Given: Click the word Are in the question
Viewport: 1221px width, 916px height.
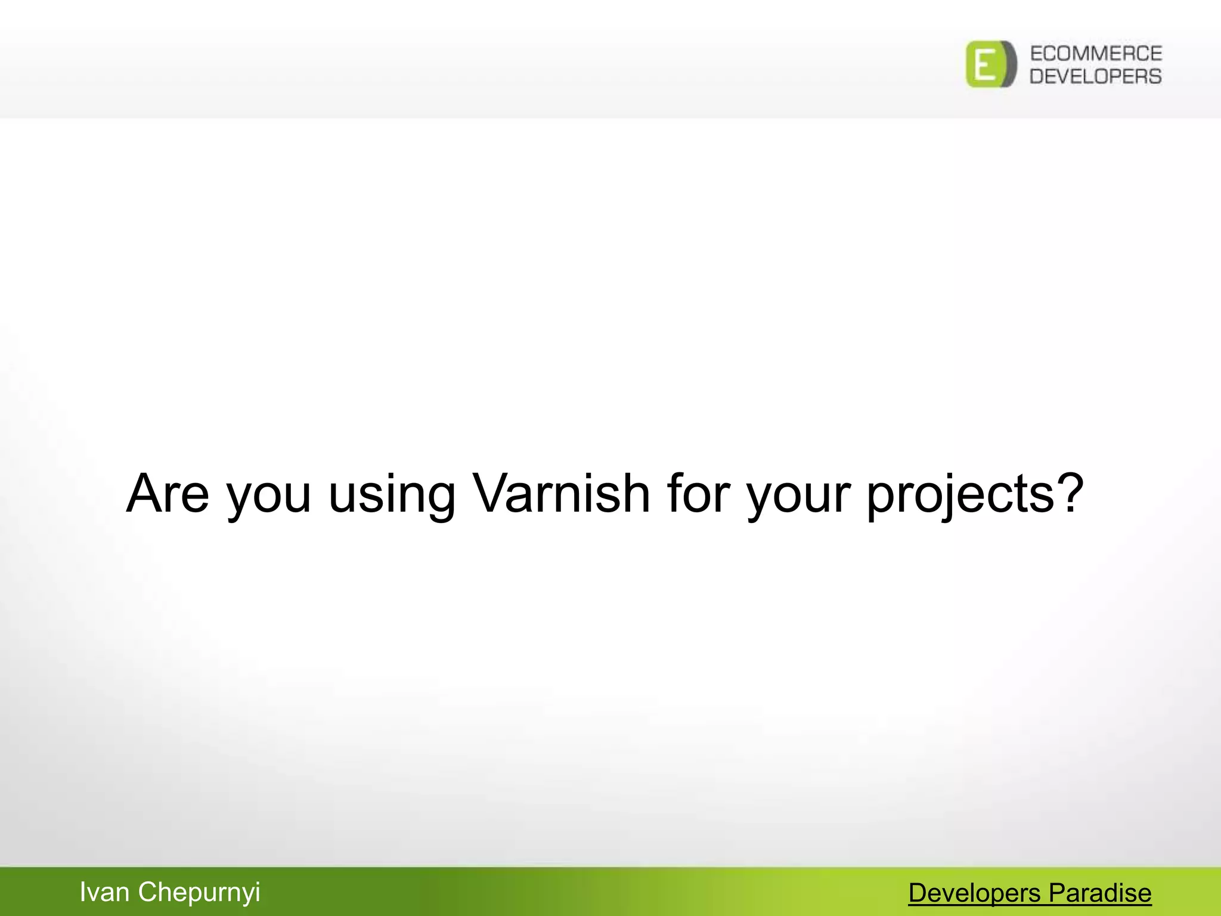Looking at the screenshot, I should [x=168, y=493].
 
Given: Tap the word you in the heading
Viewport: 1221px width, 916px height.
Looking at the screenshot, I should [x=269, y=498].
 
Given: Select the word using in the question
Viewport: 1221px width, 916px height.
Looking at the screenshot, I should [x=392, y=498].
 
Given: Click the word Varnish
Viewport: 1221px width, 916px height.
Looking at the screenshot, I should [x=560, y=493].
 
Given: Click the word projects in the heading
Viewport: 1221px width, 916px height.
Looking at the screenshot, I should [x=960, y=498].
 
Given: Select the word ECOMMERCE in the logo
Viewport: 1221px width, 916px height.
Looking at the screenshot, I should [x=1096, y=54].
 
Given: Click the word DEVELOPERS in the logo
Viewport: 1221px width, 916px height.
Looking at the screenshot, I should [x=1096, y=76].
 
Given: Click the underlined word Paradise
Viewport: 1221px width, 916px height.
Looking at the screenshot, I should [x=1100, y=893].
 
